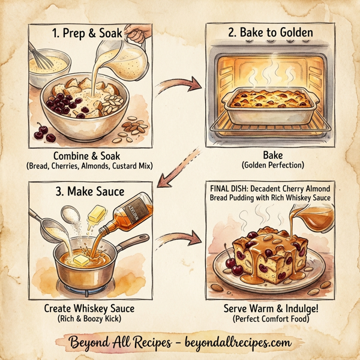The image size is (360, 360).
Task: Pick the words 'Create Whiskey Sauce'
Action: pos(89,308)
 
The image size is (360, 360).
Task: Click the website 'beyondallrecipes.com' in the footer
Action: pos(236,343)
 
